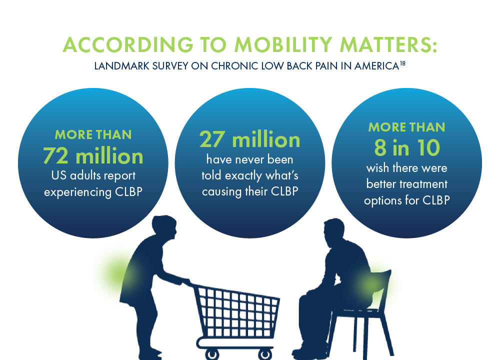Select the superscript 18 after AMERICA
click(401, 62)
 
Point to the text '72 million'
click(93, 156)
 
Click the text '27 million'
click(250, 139)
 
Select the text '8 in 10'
click(406, 146)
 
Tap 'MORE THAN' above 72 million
click(93, 134)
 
